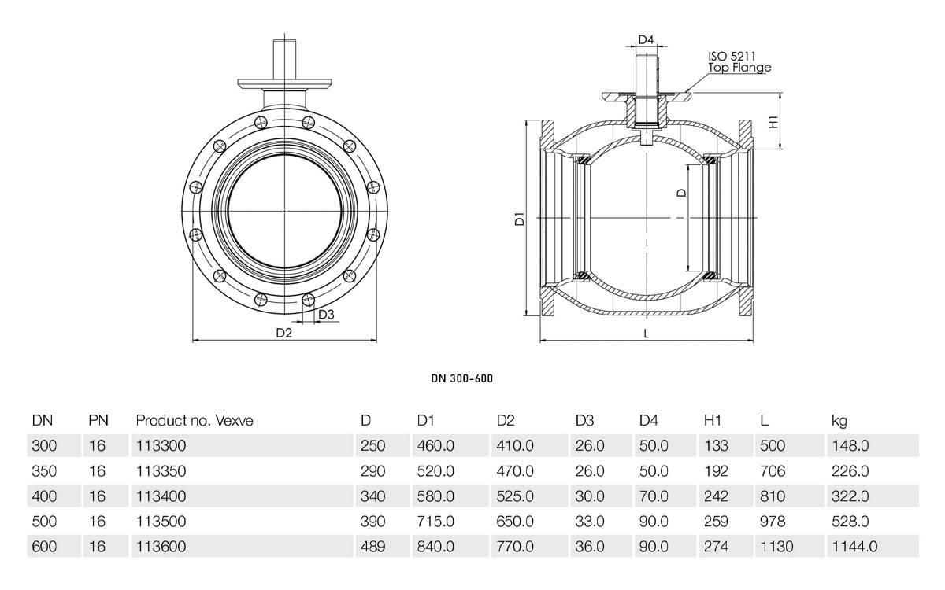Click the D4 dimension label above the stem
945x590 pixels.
point(646,39)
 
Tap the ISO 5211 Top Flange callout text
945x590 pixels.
point(739,62)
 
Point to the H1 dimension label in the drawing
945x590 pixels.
point(773,122)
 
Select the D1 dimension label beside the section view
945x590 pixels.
point(520,219)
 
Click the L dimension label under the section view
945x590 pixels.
point(647,334)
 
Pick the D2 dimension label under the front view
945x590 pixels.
point(284,333)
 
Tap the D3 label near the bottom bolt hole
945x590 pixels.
point(326,315)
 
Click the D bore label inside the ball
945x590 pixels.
point(681,193)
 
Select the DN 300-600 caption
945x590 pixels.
point(462,378)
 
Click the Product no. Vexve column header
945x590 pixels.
point(195,421)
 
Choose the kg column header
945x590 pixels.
point(839,421)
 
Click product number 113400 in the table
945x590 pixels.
point(161,496)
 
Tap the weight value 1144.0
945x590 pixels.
point(854,547)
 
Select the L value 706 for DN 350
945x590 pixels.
point(773,470)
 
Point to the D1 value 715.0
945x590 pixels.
point(435,522)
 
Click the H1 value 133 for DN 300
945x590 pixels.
point(716,445)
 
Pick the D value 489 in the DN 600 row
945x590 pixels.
point(373,547)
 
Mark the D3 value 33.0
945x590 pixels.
point(590,522)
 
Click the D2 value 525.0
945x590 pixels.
point(515,496)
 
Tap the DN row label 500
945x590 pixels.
point(44,522)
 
